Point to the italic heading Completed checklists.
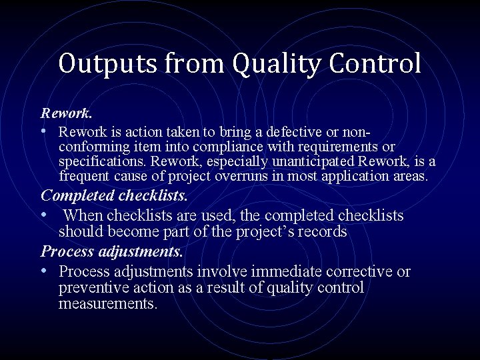115,196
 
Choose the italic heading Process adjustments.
111,253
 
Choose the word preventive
90,288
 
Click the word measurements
107,304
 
